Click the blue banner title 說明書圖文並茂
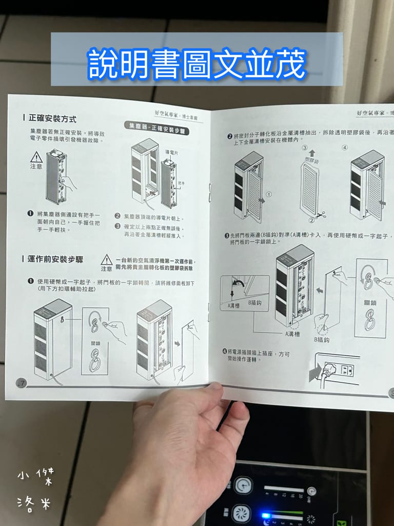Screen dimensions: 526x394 197,63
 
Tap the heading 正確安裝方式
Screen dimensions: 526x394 52,119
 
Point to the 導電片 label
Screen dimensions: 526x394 171,153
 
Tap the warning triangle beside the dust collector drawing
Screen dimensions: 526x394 36,157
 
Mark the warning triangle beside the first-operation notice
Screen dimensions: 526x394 107,260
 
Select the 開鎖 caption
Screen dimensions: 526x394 96,343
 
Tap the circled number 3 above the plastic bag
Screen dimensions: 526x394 304,148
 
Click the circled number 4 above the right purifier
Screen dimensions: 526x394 345,147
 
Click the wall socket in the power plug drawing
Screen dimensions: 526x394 347,369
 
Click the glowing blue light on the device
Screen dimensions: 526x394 266,515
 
